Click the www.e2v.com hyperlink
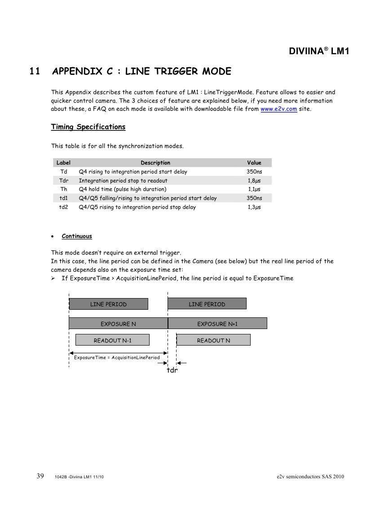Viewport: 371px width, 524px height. (278, 109)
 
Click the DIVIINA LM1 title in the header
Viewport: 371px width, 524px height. (318, 51)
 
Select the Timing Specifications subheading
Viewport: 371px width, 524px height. (88, 127)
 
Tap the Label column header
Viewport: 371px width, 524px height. (63, 163)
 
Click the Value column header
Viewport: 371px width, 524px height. (254, 163)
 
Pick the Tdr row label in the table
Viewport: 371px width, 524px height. (63, 181)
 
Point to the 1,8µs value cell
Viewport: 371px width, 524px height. (254, 181)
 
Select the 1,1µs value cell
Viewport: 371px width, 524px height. (254, 189)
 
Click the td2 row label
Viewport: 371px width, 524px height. (63, 207)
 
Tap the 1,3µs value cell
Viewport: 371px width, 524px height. (254, 207)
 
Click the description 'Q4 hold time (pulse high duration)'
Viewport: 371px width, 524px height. (123, 189)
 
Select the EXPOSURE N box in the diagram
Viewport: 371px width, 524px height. (118, 324)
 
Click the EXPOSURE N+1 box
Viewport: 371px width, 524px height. (217, 324)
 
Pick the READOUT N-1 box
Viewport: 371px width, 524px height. (112, 340)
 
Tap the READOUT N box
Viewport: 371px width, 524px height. (213, 340)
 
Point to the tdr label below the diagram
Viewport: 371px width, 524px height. (172, 371)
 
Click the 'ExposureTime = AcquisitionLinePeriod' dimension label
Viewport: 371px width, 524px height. (117, 358)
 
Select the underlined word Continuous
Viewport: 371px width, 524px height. (77, 236)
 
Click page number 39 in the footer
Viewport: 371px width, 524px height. (40, 476)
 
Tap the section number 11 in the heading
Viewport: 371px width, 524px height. (35, 71)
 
